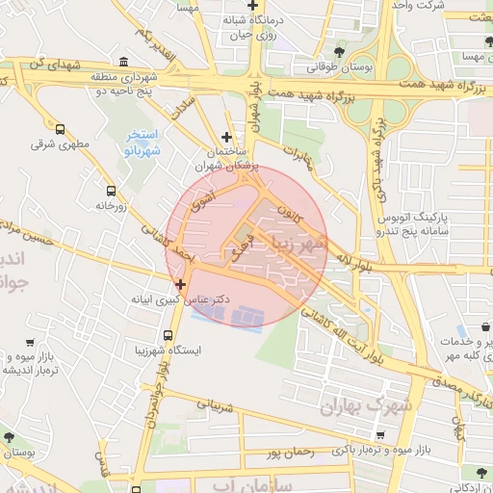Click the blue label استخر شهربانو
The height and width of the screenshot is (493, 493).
coord(136,143)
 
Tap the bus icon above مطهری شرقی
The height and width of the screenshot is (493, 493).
coord(61,129)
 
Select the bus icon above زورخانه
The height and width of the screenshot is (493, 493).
coord(111,191)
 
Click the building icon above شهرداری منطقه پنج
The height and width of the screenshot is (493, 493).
coord(125,63)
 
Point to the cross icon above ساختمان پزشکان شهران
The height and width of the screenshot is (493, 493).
coord(226,138)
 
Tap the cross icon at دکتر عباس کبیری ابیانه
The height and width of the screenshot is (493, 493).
coord(180,284)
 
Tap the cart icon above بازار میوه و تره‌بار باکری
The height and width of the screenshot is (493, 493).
coord(381,434)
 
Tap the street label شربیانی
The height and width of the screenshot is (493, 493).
coord(217,405)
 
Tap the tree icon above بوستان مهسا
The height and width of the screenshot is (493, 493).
coord(472,41)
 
